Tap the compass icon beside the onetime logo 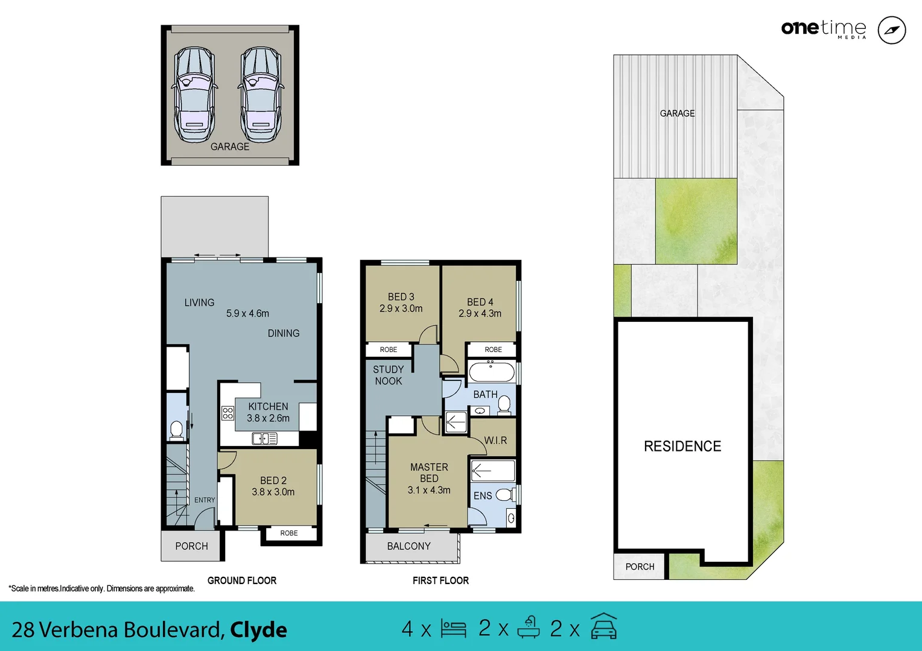(891, 30)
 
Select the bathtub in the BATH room (492, 371)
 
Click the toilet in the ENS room (504, 495)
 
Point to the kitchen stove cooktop (227, 413)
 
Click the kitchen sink (264, 438)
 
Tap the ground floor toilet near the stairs (176, 430)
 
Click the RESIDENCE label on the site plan (682, 446)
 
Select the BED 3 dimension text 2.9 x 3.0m (401, 309)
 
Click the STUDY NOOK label (388, 375)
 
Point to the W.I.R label (495, 441)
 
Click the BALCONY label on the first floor (409, 546)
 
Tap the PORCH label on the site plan (640, 567)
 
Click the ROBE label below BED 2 (289, 533)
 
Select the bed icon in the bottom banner (453, 629)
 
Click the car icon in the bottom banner (603, 627)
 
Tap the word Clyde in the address (258, 630)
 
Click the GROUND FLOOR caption (242, 580)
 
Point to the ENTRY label (205, 500)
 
